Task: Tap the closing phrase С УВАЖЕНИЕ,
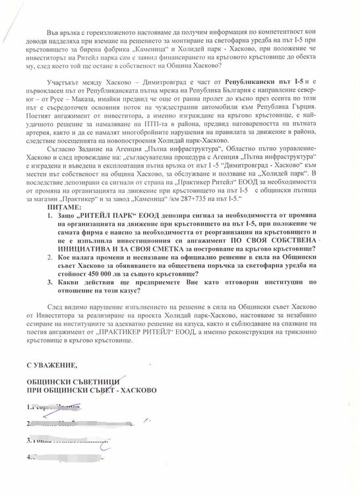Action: click(53, 364)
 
